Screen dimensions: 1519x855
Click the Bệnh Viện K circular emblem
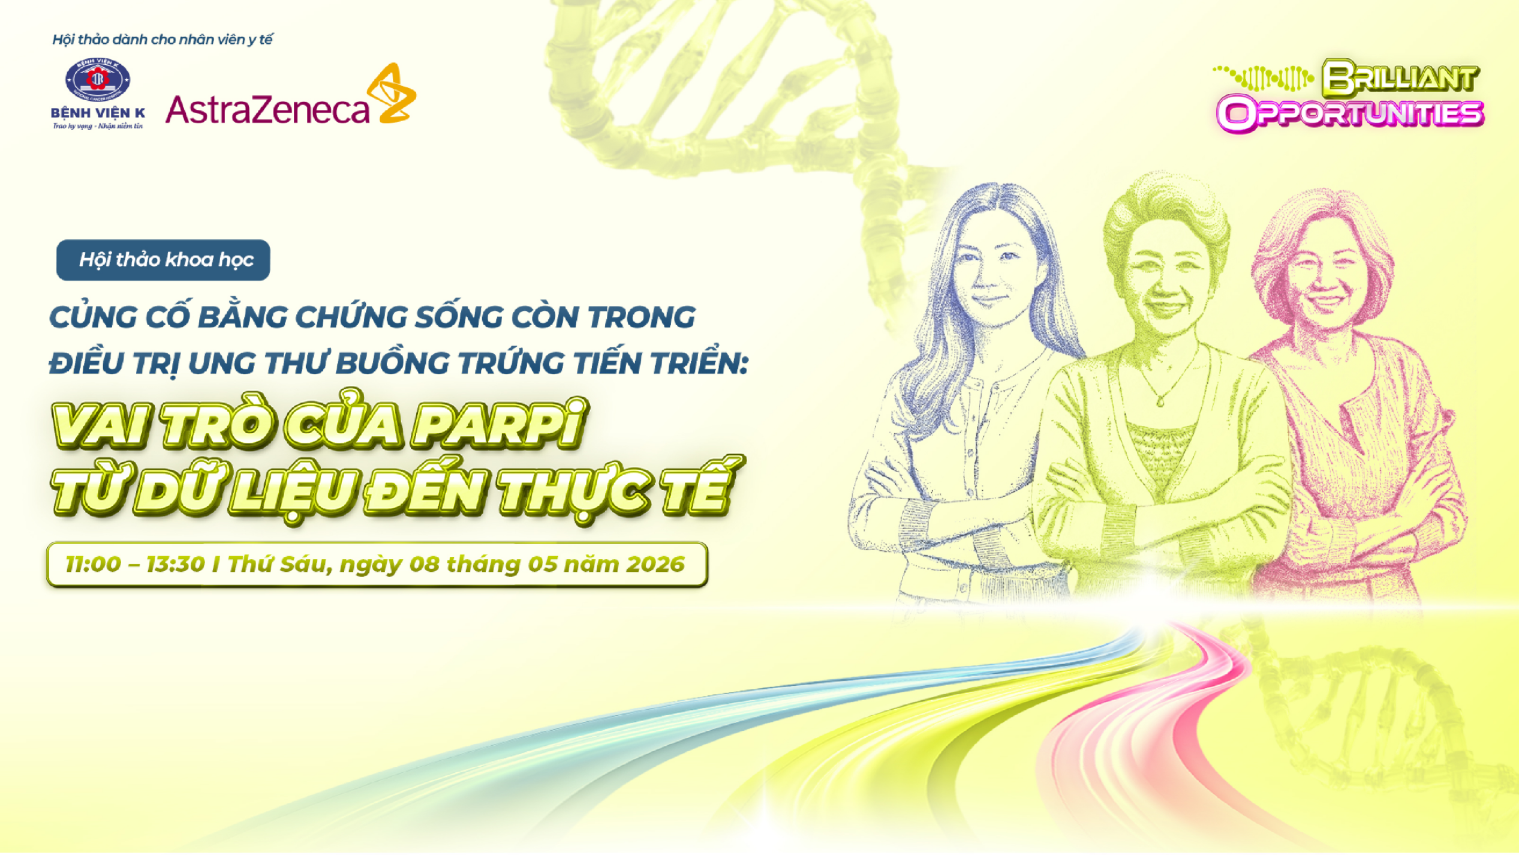point(97,79)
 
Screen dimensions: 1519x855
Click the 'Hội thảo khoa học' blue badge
point(163,260)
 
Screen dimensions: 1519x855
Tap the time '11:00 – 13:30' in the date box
point(135,565)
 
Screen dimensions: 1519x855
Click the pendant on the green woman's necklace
point(1160,401)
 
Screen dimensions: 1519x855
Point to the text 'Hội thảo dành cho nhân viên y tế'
point(163,40)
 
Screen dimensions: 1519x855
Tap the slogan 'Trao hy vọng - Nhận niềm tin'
point(98,126)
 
